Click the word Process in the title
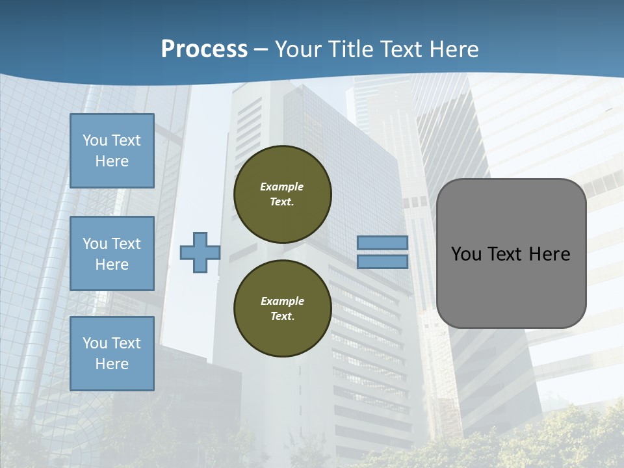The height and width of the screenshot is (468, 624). pyautogui.click(x=204, y=49)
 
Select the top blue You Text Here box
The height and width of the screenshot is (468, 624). pyautogui.click(x=112, y=151)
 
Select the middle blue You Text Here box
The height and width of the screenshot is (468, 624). pyautogui.click(x=112, y=253)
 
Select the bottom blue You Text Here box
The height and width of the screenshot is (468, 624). pyautogui.click(x=112, y=354)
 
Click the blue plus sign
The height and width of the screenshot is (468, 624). pyautogui.click(x=200, y=252)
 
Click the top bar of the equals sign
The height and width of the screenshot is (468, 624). pyautogui.click(x=382, y=243)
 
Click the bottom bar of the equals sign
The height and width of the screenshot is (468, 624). pyautogui.click(x=382, y=262)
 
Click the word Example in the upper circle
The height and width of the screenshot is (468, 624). pyautogui.click(x=281, y=187)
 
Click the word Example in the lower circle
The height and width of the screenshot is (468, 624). pyautogui.click(x=282, y=301)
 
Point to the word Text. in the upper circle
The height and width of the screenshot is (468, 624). pyautogui.click(x=281, y=202)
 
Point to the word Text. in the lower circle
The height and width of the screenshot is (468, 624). pyautogui.click(x=282, y=317)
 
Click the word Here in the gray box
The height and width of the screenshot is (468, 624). pyautogui.click(x=549, y=254)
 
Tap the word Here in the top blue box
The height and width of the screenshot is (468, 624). pyautogui.click(x=112, y=161)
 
